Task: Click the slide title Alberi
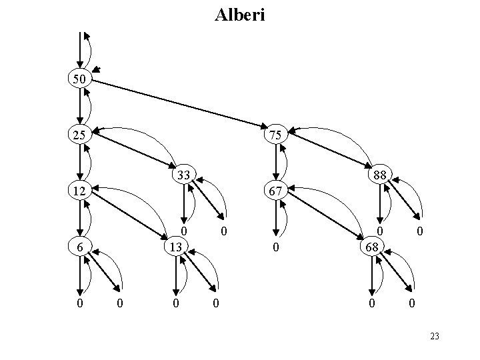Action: pyautogui.click(x=240, y=15)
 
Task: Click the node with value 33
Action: pyautogui.click(x=184, y=175)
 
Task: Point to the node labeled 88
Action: pyautogui.click(x=380, y=175)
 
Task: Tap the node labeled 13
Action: pyautogui.click(x=175, y=246)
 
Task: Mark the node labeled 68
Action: pyautogui.click(x=371, y=246)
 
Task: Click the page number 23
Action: pyautogui.click(x=435, y=337)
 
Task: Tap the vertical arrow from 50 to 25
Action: pyautogui.click(x=80, y=107)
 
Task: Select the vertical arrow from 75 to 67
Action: pyautogui.click(x=276, y=163)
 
